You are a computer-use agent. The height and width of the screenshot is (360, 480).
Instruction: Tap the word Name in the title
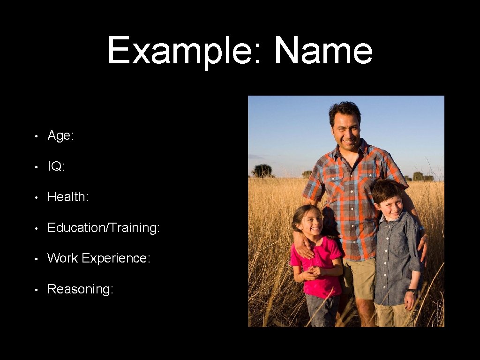323,51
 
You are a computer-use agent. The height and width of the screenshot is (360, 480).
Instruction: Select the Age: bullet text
60,136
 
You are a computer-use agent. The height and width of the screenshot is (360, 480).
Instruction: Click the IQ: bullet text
56,166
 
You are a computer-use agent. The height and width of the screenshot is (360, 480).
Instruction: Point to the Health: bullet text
68,197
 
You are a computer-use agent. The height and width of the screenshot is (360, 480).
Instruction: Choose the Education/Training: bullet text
104,228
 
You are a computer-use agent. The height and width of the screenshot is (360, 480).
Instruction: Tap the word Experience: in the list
116,259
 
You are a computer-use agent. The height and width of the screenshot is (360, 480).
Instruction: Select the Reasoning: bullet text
80,289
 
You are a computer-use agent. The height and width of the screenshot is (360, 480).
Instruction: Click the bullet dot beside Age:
36,136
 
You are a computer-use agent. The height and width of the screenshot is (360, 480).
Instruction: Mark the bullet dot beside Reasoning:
36,289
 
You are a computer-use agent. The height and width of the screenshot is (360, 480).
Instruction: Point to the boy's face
390,205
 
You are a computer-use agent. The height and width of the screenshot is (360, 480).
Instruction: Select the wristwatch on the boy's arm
412,292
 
